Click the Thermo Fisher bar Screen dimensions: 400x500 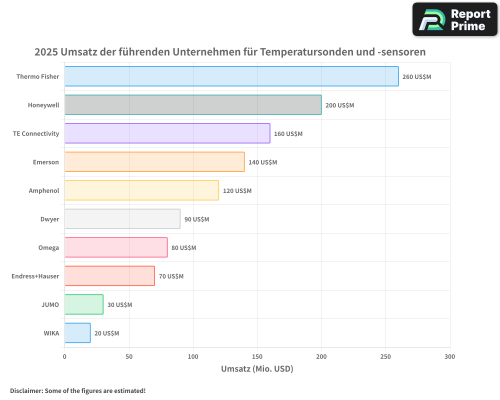pyautogui.click(x=231, y=76)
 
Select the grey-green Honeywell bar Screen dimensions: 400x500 pyautogui.click(x=193, y=105)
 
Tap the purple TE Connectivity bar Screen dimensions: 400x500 pyautogui.click(x=167, y=133)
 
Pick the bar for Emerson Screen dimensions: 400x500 pyautogui.click(x=154, y=162)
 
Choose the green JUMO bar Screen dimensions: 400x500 pyautogui.click(x=84, y=304)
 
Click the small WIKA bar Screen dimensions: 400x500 pyautogui.click(x=77, y=333)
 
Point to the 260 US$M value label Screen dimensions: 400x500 pyautogui.click(x=416, y=77)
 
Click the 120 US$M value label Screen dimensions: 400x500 pyautogui.click(x=237, y=191)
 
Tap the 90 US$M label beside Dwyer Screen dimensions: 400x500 pyautogui.click(x=196, y=219)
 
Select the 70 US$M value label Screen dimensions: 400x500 pyautogui.click(x=171, y=276)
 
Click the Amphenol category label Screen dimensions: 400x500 pyautogui.click(x=44, y=190)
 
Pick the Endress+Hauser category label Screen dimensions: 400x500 pyautogui.click(x=35, y=276)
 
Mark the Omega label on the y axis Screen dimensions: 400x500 pyautogui.click(x=48, y=247)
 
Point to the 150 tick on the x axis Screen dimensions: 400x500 pyautogui.click(x=257, y=356)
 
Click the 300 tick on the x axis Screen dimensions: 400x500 pyautogui.click(x=449, y=356)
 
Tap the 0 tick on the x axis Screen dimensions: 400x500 pyautogui.click(x=64, y=356)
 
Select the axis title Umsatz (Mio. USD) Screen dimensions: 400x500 pyautogui.click(x=257, y=369)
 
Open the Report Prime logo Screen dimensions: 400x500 pyautogui.click(x=455, y=19)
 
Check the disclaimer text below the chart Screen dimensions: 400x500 pyautogui.click(x=78, y=390)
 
